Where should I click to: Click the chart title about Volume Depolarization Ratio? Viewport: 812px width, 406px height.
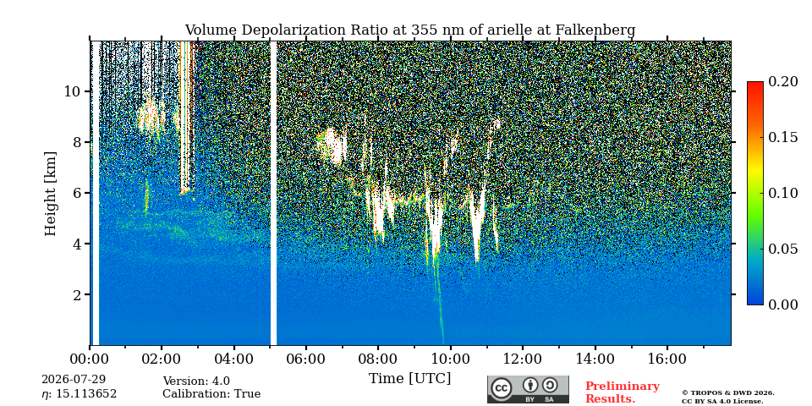pos(409,30)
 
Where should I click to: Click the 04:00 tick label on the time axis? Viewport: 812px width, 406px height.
pos(233,359)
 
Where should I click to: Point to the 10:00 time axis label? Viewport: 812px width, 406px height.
pos(450,359)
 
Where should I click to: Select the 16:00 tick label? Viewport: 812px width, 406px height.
pos(667,359)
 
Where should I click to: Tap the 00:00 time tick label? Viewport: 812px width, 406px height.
pos(90,359)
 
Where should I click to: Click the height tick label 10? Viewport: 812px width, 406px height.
pos(71,91)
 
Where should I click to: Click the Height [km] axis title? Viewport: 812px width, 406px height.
pos(50,194)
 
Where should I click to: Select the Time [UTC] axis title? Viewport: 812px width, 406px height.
pos(409,379)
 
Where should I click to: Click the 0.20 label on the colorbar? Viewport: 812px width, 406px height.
pos(782,81)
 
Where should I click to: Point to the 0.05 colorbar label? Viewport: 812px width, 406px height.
pos(782,249)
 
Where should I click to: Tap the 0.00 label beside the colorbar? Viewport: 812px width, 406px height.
pos(782,304)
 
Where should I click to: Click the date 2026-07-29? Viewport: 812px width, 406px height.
pos(74,380)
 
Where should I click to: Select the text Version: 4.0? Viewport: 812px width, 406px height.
pos(196,381)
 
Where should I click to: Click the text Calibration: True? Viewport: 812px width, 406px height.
pos(211,393)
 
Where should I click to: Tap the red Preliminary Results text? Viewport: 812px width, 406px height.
pos(623,392)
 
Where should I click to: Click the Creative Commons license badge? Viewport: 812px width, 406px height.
pos(528,389)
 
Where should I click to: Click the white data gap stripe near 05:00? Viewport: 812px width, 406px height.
pos(273,193)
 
